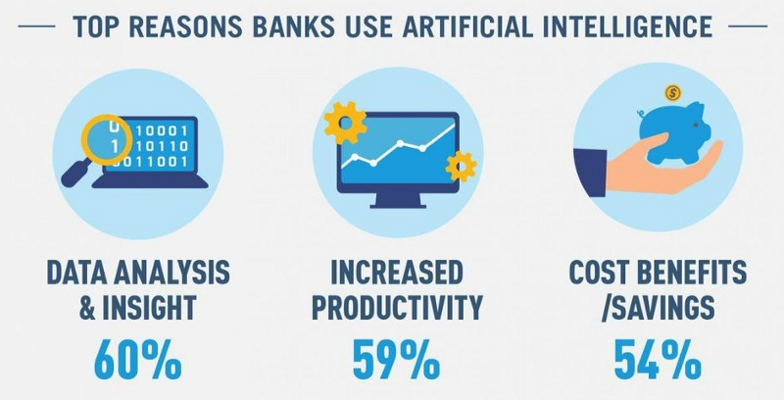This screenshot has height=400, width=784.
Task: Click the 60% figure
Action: (138, 360)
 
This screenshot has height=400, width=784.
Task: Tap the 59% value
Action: (397, 360)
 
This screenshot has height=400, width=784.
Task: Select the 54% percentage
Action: (658, 360)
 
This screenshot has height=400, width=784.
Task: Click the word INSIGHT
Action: (149, 307)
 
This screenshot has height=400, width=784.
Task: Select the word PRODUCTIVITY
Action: (398, 307)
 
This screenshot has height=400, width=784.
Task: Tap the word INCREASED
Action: (397, 273)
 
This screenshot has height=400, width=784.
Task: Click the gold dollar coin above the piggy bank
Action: (673, 92)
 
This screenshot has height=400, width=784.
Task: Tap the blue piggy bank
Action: (674, 132)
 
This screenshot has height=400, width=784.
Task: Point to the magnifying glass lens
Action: (106, 139)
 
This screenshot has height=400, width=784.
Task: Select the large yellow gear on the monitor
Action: (345, 123)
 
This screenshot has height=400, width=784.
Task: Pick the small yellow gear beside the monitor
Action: (461, 167)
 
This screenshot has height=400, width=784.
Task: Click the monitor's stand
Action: (398, 201)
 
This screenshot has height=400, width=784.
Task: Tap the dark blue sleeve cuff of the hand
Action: (590, 173)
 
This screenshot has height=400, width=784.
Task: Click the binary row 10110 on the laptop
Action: (163, 146)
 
